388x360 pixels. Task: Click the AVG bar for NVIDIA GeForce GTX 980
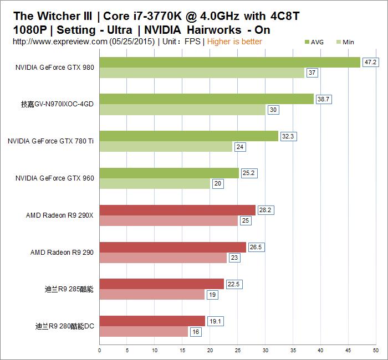coord(229,62)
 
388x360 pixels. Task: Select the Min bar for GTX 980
coord(202,73)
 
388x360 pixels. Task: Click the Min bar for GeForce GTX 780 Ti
coord(166,147)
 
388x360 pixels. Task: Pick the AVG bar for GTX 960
coord(169,173)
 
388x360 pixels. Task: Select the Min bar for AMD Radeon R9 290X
coord(169,221)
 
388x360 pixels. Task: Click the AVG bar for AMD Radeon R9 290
coord(172,247)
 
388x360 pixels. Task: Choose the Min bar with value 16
coord(144,332)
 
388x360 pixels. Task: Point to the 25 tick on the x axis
coord(238,350)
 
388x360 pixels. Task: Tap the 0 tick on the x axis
coord(100,350)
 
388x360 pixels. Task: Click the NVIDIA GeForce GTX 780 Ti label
coord(50,141)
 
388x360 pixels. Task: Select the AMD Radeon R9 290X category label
coord(60,215)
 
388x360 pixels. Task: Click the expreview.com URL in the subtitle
coord(60,42)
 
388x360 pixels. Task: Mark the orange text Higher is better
coord(234,42)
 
